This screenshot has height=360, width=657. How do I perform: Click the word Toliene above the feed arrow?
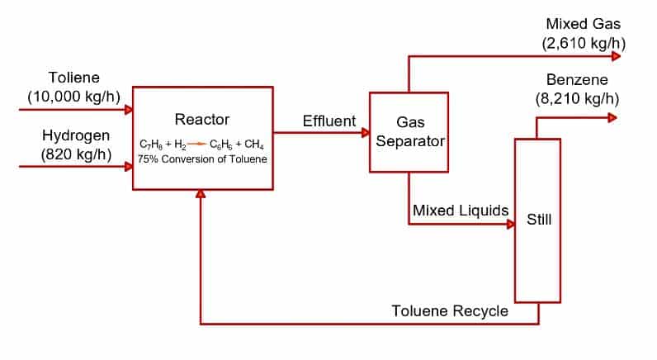pyautogui.click(x=75, y=78)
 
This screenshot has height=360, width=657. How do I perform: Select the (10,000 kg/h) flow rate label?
pyautogui.click(x=75, y=96)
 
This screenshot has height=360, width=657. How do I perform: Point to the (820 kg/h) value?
pyautogui.click(x=75, y=154)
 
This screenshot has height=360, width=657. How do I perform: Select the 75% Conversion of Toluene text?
pyautogui.click(x=202, y=159)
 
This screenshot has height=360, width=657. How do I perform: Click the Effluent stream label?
pyautogui.click(x=329, y=121)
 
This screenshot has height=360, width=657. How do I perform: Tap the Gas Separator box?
pyautogui.click(x=409, y=132)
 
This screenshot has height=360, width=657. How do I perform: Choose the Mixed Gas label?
pyautogui.click(x=582, y=24)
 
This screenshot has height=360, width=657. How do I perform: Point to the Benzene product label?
pyautogui.click(x=577, y=80)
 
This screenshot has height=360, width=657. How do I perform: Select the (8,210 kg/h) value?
pyautogui.click(x=577, y=97)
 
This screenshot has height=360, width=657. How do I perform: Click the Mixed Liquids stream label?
pyautogui.click(x=461, y=211)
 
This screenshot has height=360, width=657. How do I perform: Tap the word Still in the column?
pyautogui.click(x=538, y=220)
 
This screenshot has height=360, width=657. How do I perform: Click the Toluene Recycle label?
pyautogui.click(x=450, y=311)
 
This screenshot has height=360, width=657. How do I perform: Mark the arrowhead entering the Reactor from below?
pyautogui.click(x=201, y=195)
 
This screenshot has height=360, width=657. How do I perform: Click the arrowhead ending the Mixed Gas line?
pyautogui.click(x=615, y=56)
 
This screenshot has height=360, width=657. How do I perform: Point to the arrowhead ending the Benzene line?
pyautogui.click(x=612, y=117)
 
